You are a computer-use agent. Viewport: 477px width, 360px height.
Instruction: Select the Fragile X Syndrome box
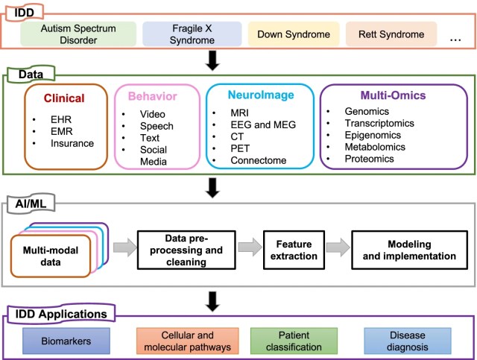192,34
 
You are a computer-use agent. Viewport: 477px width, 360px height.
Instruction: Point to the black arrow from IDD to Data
214,61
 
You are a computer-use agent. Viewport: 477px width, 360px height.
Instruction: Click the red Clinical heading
65,97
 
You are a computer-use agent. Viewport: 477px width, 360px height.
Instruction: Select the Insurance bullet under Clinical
72,143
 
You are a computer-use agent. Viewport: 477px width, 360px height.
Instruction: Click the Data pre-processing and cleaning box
192,249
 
